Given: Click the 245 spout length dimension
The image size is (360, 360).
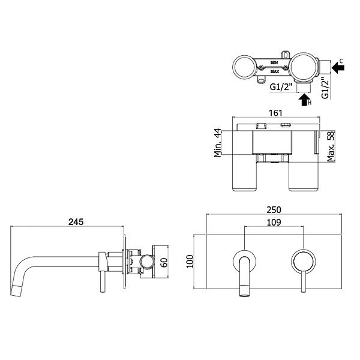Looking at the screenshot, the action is [x=76, y=222].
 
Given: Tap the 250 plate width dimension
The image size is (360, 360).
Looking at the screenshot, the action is [x=274, y=210].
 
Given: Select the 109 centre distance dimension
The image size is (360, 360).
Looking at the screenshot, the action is [x=274, y=222].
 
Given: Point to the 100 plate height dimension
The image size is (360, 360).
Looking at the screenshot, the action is [x=190, y=261].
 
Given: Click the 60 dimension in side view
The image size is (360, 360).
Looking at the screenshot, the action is [x=164, y=263].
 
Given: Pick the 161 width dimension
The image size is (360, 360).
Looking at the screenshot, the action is [x=275, y=113].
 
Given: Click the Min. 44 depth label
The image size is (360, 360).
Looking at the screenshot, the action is [x=218, y=143].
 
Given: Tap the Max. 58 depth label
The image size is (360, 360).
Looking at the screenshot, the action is [x=331, y=146].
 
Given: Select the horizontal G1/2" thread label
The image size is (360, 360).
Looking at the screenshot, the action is [x=281, y=87].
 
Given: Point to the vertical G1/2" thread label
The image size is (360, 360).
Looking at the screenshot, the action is [x=325, y=87].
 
